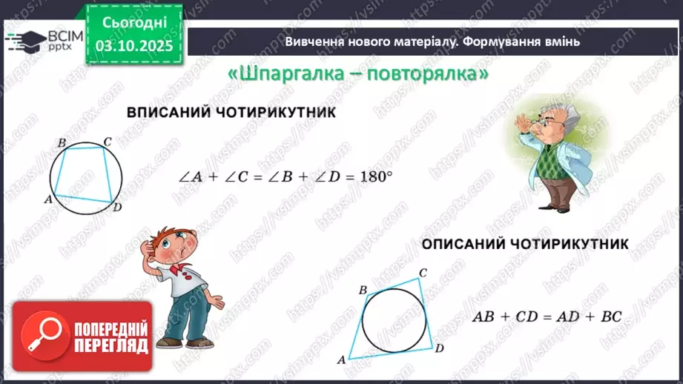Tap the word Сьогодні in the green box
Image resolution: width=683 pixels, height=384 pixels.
(134, 23)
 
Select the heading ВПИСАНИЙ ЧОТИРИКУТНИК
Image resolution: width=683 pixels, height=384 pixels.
(231, 113)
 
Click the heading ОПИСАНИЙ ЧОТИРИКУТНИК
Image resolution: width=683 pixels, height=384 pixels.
(525, 243)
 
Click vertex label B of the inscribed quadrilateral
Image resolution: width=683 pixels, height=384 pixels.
(62, 142)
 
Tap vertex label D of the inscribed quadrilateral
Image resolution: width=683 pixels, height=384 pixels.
(117, 208)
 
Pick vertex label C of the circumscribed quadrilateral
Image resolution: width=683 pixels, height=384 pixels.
(423, 273)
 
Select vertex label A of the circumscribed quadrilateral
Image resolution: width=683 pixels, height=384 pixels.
(342, 360)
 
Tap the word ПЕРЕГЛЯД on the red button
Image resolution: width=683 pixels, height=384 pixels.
(111, 345)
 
